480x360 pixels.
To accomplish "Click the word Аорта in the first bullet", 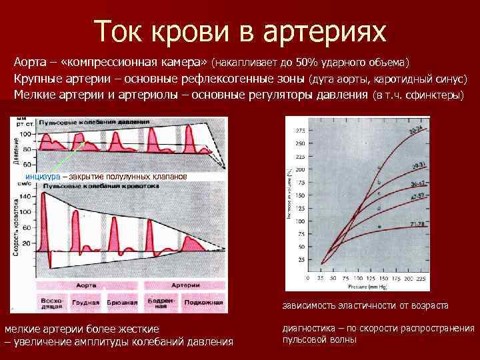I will [29, 62].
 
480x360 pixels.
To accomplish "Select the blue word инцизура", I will [42, 177].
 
